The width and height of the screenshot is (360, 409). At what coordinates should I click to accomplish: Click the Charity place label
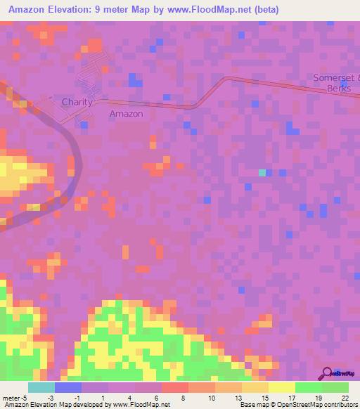[x=77, y=102]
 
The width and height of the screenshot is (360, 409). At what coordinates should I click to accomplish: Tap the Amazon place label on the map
[x=127, y=114]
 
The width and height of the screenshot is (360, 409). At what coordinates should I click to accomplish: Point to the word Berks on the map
[x=339, y=89]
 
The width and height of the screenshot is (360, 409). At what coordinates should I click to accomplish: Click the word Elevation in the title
[x=78, y=10]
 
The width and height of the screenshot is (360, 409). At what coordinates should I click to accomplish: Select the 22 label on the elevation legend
[x=345, y=397]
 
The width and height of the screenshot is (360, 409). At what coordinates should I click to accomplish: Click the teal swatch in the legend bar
[x=41, y=387]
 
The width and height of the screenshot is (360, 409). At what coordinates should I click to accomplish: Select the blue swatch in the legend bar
[x=68, y=387]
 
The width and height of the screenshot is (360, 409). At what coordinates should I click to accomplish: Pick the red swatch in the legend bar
[x=174, y=387]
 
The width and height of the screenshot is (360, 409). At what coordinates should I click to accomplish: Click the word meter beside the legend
[x=12, y=397]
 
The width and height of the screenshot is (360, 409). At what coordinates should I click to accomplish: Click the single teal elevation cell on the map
[x=262, y=172]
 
